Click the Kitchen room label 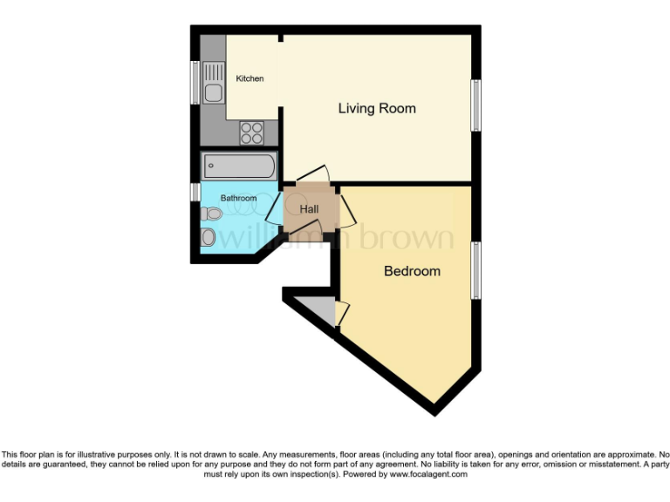tap(250, 79)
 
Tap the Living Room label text tap(377, 109)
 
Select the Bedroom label tap(412, 271)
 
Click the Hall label tap(309, 210)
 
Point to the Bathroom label tap(238, 199)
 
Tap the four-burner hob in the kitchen tap(251, 132)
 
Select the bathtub tap(238, 165)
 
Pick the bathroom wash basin tap(209, 237)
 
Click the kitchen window tap(196, 83)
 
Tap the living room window tap(476, 105)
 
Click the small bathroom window tap(196, 192)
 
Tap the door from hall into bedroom tap(345, 209)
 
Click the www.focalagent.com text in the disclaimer tap(428, 475)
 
